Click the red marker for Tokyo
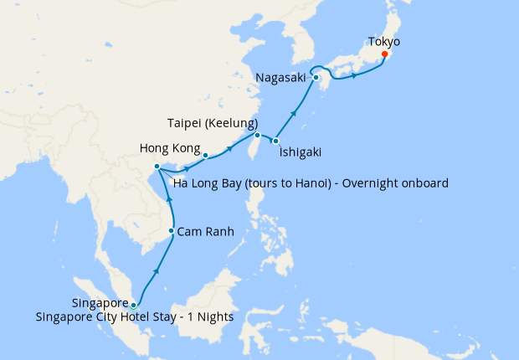pyautogui.click(x=384, y=55)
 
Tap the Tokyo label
pyautogui.click(x=384, y=41)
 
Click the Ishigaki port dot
pyautogui.click(x=275, y=141)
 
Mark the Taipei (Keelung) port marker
pyautogui.click(x=257, y=135)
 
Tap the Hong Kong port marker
pyautogui.click(x=205, y=154)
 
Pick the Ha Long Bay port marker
pyautogui.click(x=157, y=167)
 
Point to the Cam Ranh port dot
pyautogui.click(x=172, y=231)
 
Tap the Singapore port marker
pyautogui.click(x=134, y=306)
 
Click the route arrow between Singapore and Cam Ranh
pyautogui.click(x=157, y=272)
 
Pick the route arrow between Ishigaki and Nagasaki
pyautogui.click(x=294, y=112)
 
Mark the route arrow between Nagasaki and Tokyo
pyautogui.click(x=355, y=76)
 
